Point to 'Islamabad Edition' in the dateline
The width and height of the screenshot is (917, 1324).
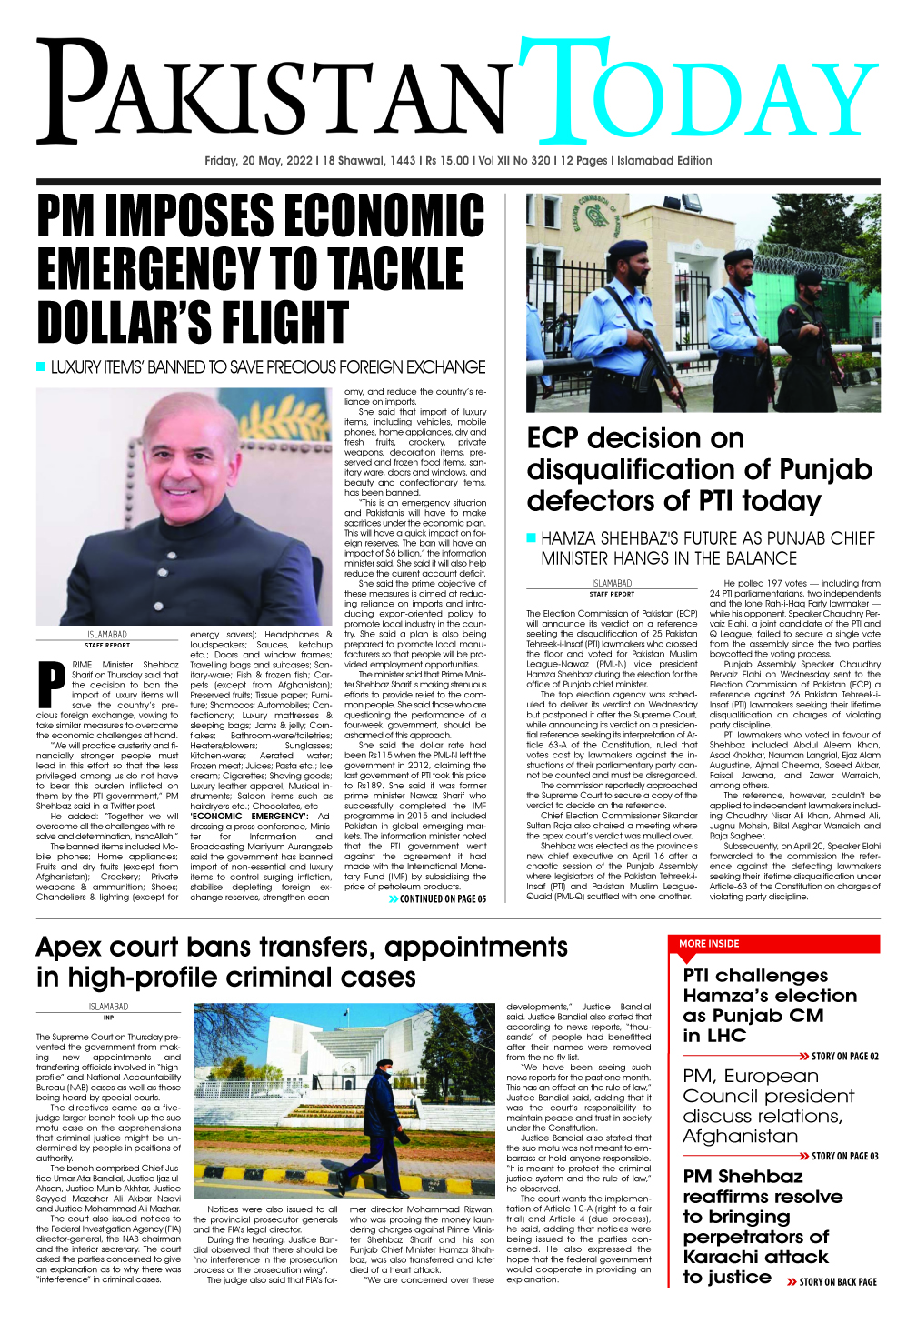(664, 161)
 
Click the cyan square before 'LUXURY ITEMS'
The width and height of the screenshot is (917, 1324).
(41, 366)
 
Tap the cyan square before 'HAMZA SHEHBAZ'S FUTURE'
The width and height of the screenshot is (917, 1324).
(532, 537)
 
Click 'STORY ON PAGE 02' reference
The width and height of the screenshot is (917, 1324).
(844, 1056)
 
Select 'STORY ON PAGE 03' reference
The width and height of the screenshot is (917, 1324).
(844, 1156)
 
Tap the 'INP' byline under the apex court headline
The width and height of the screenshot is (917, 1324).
(108, 1018)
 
